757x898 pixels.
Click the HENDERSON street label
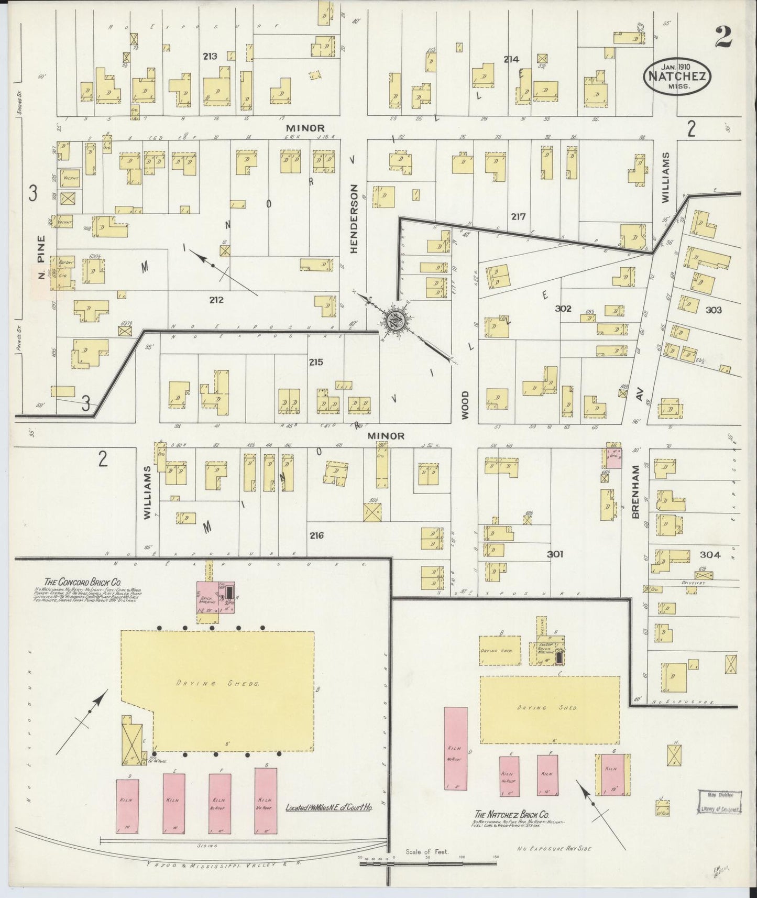[x=354, y=219]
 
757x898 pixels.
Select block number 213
[x=210, y=56]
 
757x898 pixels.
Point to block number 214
[x=511, y=59]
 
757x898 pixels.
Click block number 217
[x=519, y=216]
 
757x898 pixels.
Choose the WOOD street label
[x=465, y=404]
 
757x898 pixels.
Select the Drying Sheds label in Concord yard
[x=217, y=684]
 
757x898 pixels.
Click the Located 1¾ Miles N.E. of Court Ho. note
[x=328, y=808]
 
